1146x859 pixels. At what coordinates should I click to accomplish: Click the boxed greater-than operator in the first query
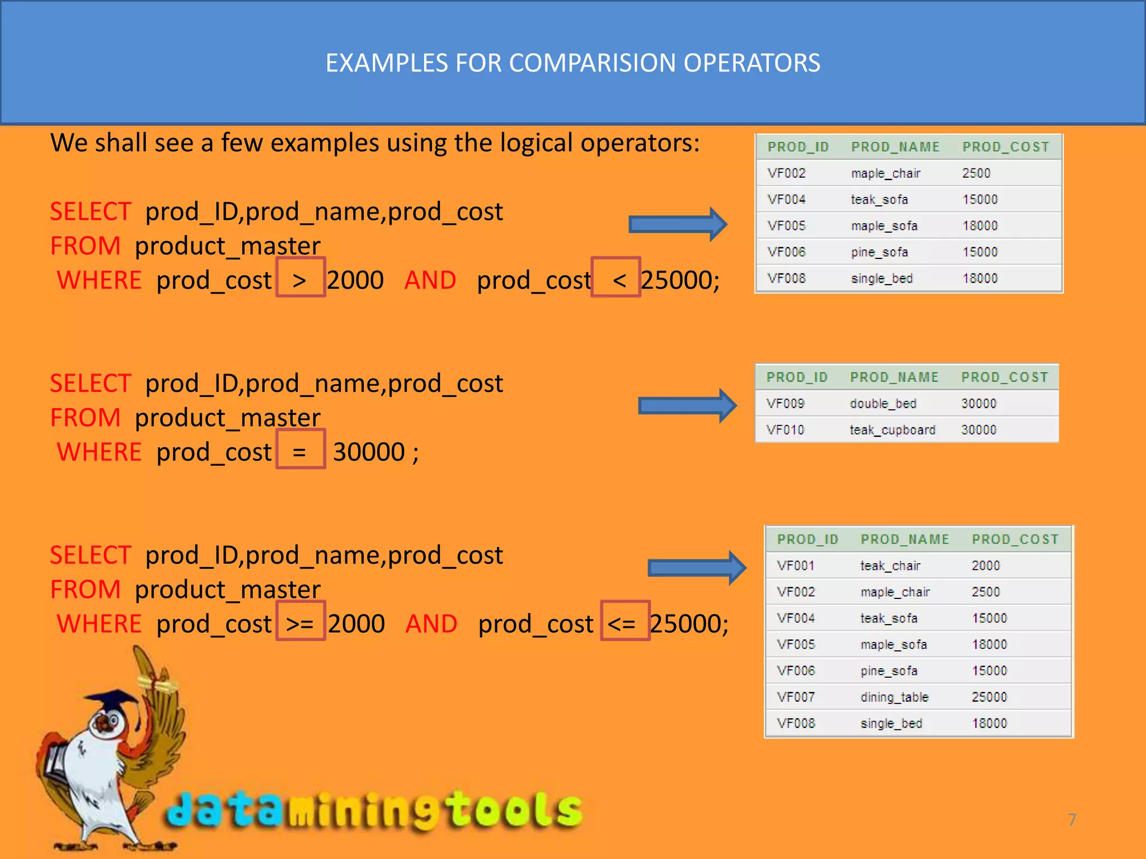300,277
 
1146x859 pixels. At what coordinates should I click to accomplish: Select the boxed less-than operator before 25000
616,277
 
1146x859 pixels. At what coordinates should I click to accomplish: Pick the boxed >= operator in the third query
300,621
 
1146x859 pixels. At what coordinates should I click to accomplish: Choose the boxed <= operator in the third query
624,621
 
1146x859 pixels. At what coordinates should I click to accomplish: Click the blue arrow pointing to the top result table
678,224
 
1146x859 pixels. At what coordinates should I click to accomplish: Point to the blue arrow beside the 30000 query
687,406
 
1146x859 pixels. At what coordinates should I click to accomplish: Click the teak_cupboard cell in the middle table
892,430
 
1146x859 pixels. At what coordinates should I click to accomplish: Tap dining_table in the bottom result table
894,697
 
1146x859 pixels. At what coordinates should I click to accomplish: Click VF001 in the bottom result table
796,566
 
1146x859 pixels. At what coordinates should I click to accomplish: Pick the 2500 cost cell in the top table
976,173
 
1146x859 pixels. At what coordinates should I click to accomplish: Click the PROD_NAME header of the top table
895,147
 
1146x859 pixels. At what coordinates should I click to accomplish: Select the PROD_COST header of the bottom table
1015,540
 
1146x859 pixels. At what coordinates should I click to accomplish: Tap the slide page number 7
1072,819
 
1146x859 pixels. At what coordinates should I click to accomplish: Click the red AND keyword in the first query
430,280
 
